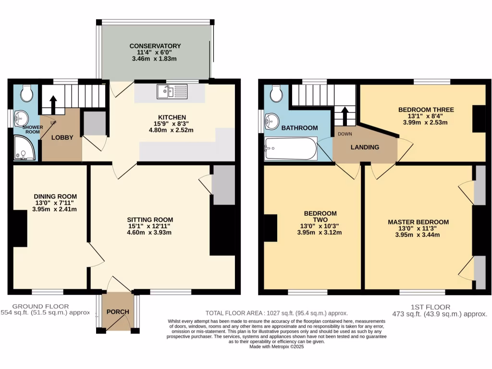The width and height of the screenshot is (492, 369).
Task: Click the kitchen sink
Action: [x=172, y=91]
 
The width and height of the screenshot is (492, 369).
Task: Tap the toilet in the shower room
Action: [x=27, y=93]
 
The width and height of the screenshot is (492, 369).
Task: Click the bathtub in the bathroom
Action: [x=290, y=148]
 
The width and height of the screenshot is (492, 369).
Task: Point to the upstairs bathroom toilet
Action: [x=276, y=94]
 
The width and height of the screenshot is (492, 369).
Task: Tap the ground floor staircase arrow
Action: [x=52, y=102]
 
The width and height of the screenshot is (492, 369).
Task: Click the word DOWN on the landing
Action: [x=344, y=134]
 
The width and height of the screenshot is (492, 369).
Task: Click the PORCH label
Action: [x=118, y=312]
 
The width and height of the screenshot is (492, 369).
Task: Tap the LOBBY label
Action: [x=62, y=137]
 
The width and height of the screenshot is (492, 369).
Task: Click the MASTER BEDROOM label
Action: [x=418, y=222]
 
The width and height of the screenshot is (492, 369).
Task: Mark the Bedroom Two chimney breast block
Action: [x=271, y=228]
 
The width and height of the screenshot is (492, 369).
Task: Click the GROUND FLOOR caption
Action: [x=40, y=306]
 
